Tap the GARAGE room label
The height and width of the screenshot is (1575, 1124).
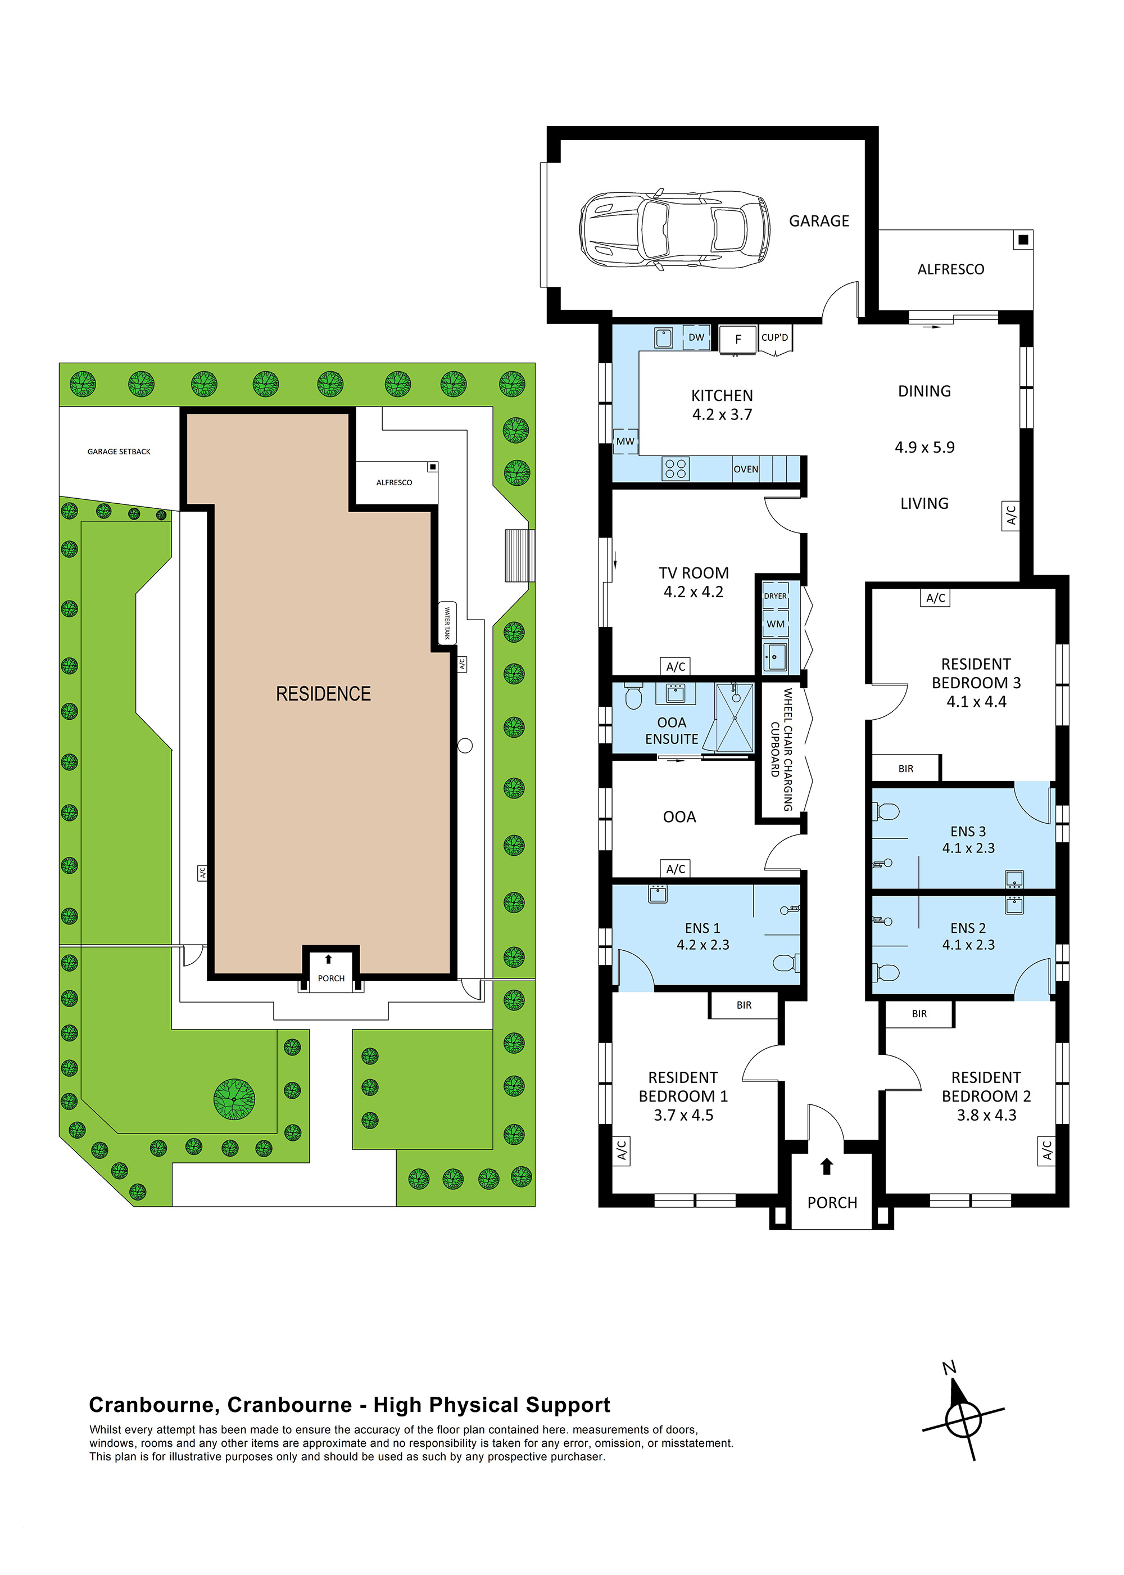tap(819, 221)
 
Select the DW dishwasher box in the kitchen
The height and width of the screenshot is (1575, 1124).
tap(696, 337)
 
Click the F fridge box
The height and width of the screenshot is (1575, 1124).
tap(738, 339)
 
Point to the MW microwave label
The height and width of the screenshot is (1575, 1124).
tap(625, 441)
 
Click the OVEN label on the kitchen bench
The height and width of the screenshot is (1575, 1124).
tap(745, 469)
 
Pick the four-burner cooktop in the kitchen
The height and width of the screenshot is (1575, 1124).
tap(675, 469)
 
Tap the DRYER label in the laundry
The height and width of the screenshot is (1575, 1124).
tap(775, 596)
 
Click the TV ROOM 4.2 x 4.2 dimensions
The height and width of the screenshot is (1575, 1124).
tap(694, 592)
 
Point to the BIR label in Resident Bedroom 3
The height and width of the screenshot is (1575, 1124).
tap(905, 769)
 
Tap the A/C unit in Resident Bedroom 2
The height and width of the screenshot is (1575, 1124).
tap(1046, 1150)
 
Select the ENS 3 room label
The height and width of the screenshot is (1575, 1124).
tap(968, 831)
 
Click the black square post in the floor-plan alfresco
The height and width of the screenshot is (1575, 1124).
tap(1023, 240)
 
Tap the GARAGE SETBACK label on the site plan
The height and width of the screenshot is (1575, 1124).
tap(119, 452)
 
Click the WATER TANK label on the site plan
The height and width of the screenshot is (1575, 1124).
tap(447, 623)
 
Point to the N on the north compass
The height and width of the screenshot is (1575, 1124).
tap(949, 1368)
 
